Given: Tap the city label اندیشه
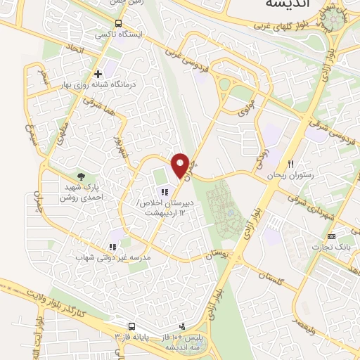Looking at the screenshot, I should click(286, 5).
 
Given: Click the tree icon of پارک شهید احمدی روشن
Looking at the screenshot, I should click(81, 176).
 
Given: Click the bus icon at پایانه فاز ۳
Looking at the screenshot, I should click(131, 326).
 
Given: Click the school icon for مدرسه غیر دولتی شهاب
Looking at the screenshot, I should click(112, 247).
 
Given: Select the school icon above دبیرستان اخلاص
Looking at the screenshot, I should click(165, 191).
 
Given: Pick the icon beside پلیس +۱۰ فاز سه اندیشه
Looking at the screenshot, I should click(183, 326).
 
